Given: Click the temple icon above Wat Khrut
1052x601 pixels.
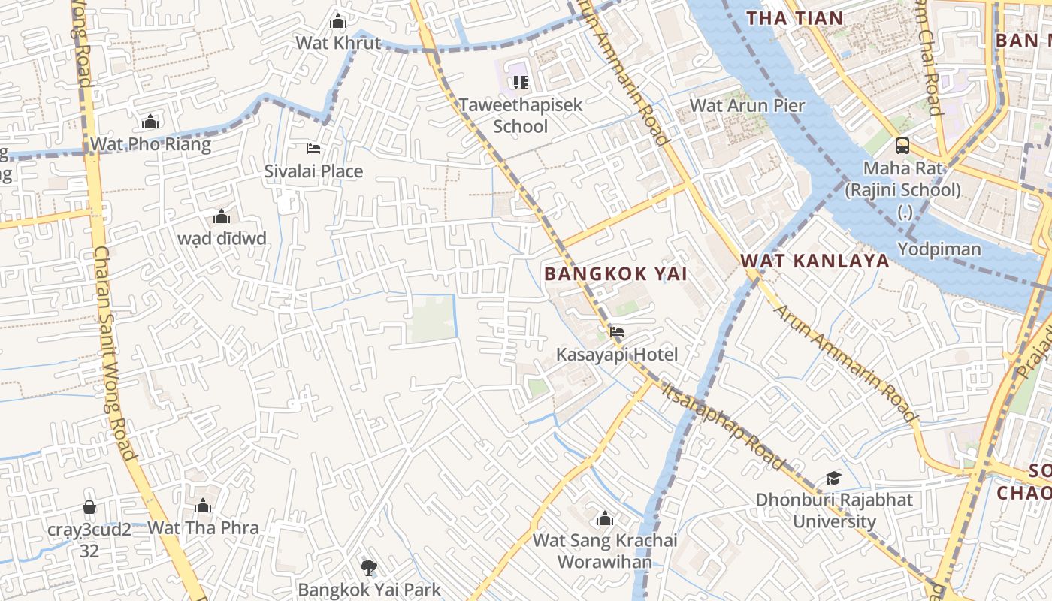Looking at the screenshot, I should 338,20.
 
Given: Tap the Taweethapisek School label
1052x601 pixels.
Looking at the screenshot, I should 521,115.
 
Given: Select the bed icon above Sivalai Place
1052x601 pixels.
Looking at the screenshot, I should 313,149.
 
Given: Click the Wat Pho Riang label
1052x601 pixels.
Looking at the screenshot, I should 150,144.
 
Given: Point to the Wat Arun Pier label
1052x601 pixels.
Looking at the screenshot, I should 747,105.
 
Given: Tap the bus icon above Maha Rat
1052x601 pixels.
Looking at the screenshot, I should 902,146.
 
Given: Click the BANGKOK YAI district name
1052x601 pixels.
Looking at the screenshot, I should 615,273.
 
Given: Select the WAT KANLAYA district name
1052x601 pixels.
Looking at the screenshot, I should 815,261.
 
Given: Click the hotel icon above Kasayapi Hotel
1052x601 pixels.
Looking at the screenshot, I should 617,331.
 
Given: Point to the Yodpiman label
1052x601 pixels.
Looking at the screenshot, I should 939,249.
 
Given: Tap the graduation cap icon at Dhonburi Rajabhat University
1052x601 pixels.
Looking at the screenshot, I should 833,478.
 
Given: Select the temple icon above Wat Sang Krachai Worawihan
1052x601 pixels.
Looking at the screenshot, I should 604,518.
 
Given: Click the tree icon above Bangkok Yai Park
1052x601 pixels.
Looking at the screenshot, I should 368,567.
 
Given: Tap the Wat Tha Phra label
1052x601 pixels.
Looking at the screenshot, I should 203,527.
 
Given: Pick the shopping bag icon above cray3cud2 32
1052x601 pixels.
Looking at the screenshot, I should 89,507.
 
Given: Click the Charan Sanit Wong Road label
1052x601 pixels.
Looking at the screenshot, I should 114,353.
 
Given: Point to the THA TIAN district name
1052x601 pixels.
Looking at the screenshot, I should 794,17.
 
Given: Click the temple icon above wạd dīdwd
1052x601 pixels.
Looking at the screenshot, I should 222,217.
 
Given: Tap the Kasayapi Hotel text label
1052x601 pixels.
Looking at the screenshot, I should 617,354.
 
